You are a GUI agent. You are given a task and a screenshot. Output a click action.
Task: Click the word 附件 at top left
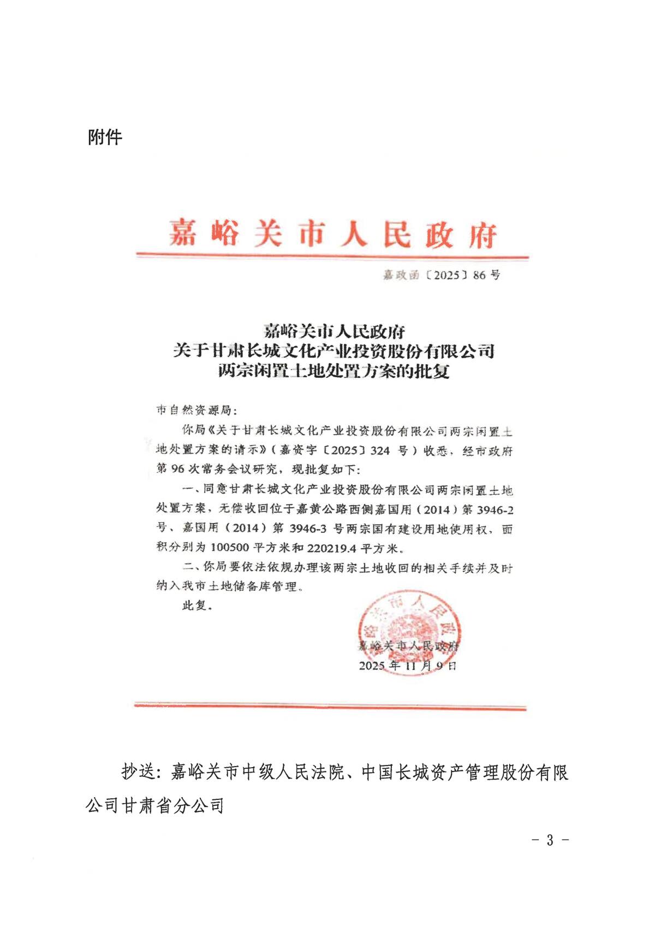point(105,137)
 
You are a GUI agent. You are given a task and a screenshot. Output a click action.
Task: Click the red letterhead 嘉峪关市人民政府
point(332,234)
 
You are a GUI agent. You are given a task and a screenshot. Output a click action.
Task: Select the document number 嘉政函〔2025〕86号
point(441,275)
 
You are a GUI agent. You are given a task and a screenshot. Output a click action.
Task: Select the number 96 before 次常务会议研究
point(177,469)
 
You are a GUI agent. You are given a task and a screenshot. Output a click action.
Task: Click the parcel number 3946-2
point(495,510)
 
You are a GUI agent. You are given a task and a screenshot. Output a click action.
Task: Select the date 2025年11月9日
point(408,666)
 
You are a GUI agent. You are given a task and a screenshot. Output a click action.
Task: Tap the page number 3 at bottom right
point(550,840)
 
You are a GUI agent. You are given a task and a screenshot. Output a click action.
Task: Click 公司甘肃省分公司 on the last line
point(155,805)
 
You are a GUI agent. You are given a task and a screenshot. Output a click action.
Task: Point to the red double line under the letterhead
point(332,256)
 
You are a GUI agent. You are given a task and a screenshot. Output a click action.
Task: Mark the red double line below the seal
point(330,706)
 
